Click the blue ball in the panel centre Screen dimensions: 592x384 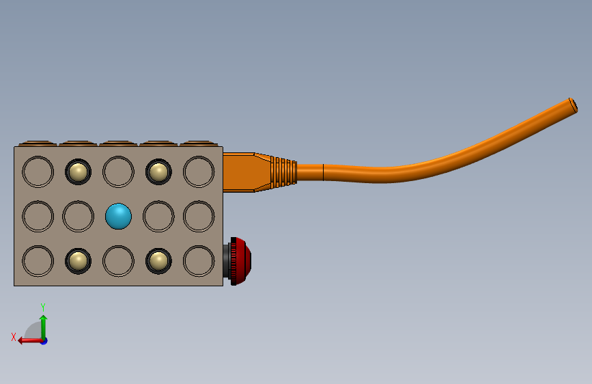[119, 216]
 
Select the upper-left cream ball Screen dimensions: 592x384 [78, 172]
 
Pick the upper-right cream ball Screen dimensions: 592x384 [158, 172]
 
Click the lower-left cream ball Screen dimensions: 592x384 [78, 261]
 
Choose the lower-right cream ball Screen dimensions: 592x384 [158, 261]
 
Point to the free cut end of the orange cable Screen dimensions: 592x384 [573, 105]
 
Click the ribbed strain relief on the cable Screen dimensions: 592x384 [284, 172]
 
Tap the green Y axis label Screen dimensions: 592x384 [43, 307]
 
